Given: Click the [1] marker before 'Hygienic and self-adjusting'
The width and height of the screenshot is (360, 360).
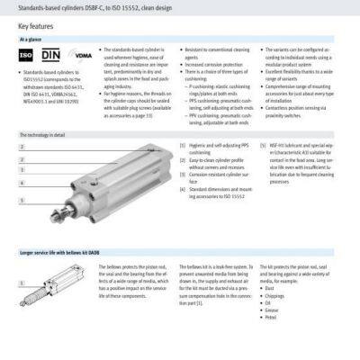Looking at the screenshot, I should click(x=183, y=144).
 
